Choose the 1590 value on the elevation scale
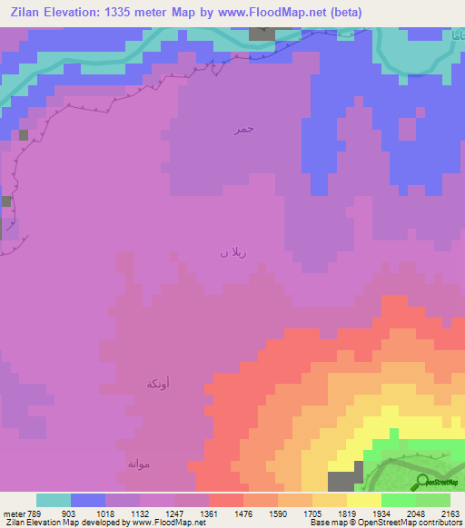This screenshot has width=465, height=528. pyautogui.click(x=294, y=513)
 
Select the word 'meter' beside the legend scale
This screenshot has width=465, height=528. pyautogui.click(x=13, y=513)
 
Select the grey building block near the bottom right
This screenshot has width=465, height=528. pyautogui.click(x=344, y=482)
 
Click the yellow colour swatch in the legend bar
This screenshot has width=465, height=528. pyautogui.click(x=363, y=500)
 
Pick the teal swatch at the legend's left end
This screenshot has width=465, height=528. pyautogui.click(x=54, y=500)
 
